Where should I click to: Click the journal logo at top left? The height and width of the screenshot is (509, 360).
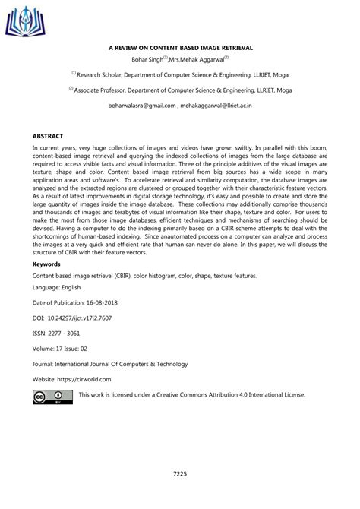[23, 18]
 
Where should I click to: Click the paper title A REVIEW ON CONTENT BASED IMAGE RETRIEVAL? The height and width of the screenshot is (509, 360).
[179, 47]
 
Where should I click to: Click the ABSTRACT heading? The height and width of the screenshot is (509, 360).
[48, 134]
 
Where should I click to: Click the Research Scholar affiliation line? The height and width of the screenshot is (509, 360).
[179, 74]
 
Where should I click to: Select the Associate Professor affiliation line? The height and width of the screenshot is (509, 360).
[179, 90]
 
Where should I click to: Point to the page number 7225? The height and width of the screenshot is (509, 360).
[179, 474]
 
